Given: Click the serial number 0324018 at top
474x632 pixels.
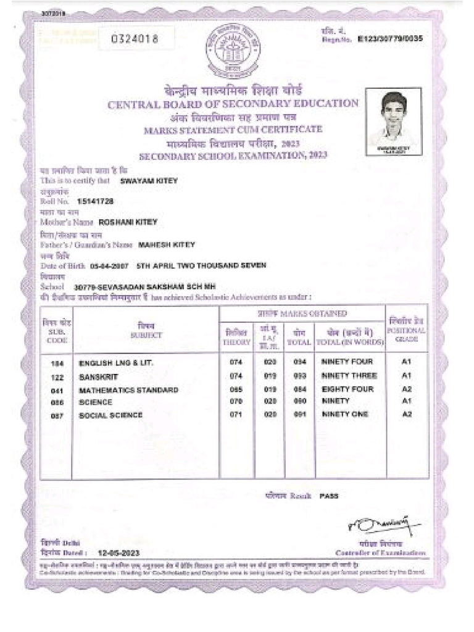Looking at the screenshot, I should [135, 39].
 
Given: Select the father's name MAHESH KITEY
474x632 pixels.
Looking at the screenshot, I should [166, 244].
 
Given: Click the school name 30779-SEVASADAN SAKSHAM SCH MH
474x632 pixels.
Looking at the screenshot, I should [144, 287].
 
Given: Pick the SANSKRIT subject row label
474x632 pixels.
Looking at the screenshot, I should [99, 376].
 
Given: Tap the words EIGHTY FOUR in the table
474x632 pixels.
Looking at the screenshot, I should [347, 389].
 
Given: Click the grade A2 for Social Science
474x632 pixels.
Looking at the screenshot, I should [406, 414].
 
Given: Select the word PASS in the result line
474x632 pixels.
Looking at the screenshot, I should [328, 496].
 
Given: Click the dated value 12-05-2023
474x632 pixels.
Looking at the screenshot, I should [118, 553].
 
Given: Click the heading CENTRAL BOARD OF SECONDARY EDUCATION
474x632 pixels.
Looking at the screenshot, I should [233, 104].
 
